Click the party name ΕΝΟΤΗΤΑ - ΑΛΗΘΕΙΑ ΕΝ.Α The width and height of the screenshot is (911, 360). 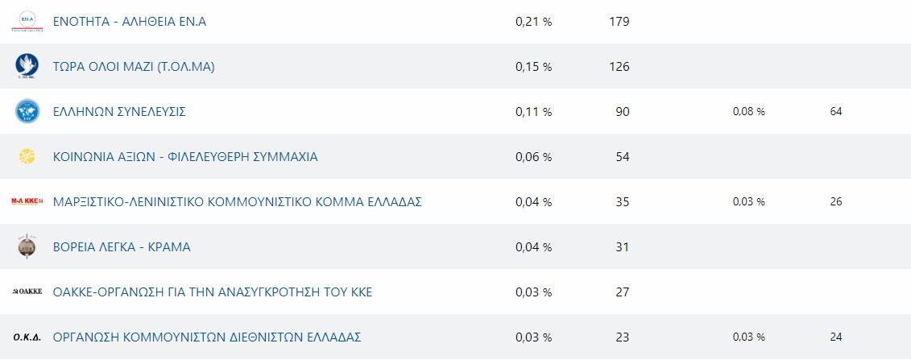click(x=129, y=22)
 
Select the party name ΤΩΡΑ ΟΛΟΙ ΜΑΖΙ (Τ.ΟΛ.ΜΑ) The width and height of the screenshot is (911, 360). click(x=133, y=67)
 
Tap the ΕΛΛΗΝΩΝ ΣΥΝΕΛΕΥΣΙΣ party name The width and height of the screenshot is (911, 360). click(x=119, y=112)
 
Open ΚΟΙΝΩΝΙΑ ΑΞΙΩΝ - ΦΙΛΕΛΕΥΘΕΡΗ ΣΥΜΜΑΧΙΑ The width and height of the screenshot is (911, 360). click(x=185, y=157)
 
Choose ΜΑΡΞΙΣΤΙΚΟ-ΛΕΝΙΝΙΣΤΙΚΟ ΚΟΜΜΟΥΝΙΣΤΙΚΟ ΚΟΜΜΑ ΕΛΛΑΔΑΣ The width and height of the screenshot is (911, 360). click(x=237, y=202)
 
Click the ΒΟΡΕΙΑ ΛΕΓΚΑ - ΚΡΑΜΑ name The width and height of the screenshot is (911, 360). click(x=122, y=247)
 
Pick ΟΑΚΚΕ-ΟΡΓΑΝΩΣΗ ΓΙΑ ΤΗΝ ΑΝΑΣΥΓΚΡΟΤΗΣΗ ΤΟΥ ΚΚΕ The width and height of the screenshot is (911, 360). click(x=212, y=292)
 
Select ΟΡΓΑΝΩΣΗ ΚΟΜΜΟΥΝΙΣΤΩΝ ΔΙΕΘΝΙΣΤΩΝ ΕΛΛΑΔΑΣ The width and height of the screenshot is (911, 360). click(x=206, y=337)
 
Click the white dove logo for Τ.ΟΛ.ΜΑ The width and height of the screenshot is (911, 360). click(x=27, y=67)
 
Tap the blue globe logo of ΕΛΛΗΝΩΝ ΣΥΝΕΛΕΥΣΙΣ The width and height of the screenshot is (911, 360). click(x=27, y=112)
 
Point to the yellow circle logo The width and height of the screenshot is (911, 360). click(x=27, y=157)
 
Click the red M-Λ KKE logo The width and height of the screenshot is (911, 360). click(x=27, y=202)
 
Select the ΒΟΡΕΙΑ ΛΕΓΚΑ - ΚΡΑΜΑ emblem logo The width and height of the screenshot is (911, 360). click(x=27, y=247)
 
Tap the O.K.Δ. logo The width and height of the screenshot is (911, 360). click(x=27, y=337)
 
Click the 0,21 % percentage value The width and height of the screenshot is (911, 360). click(x=533, y=22)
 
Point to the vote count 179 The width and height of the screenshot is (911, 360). click(x=619, y=22)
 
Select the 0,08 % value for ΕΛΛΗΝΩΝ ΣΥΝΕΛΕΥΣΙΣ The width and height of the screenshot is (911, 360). click(x=748, y=112)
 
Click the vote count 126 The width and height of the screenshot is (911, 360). click(x=619, y=67)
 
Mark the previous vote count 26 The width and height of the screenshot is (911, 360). click(x=835, y=202)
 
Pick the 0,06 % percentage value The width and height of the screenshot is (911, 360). click(x=533, y=157)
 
